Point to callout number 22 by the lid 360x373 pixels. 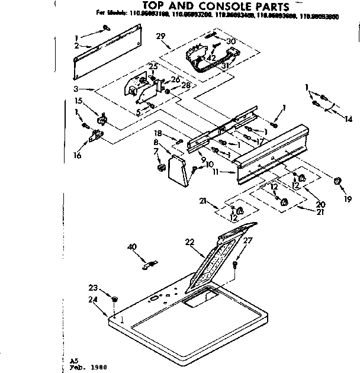pyautogui.click(x=190, y=242)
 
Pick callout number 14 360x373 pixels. pyautogui.click(x=349, y=119)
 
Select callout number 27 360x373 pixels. pyautogui.click(x=247, y=241)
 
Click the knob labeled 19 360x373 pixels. pyautogui.click(x=338, y=181)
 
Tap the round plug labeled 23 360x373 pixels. pyautogui.click(x=115, y=298)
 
